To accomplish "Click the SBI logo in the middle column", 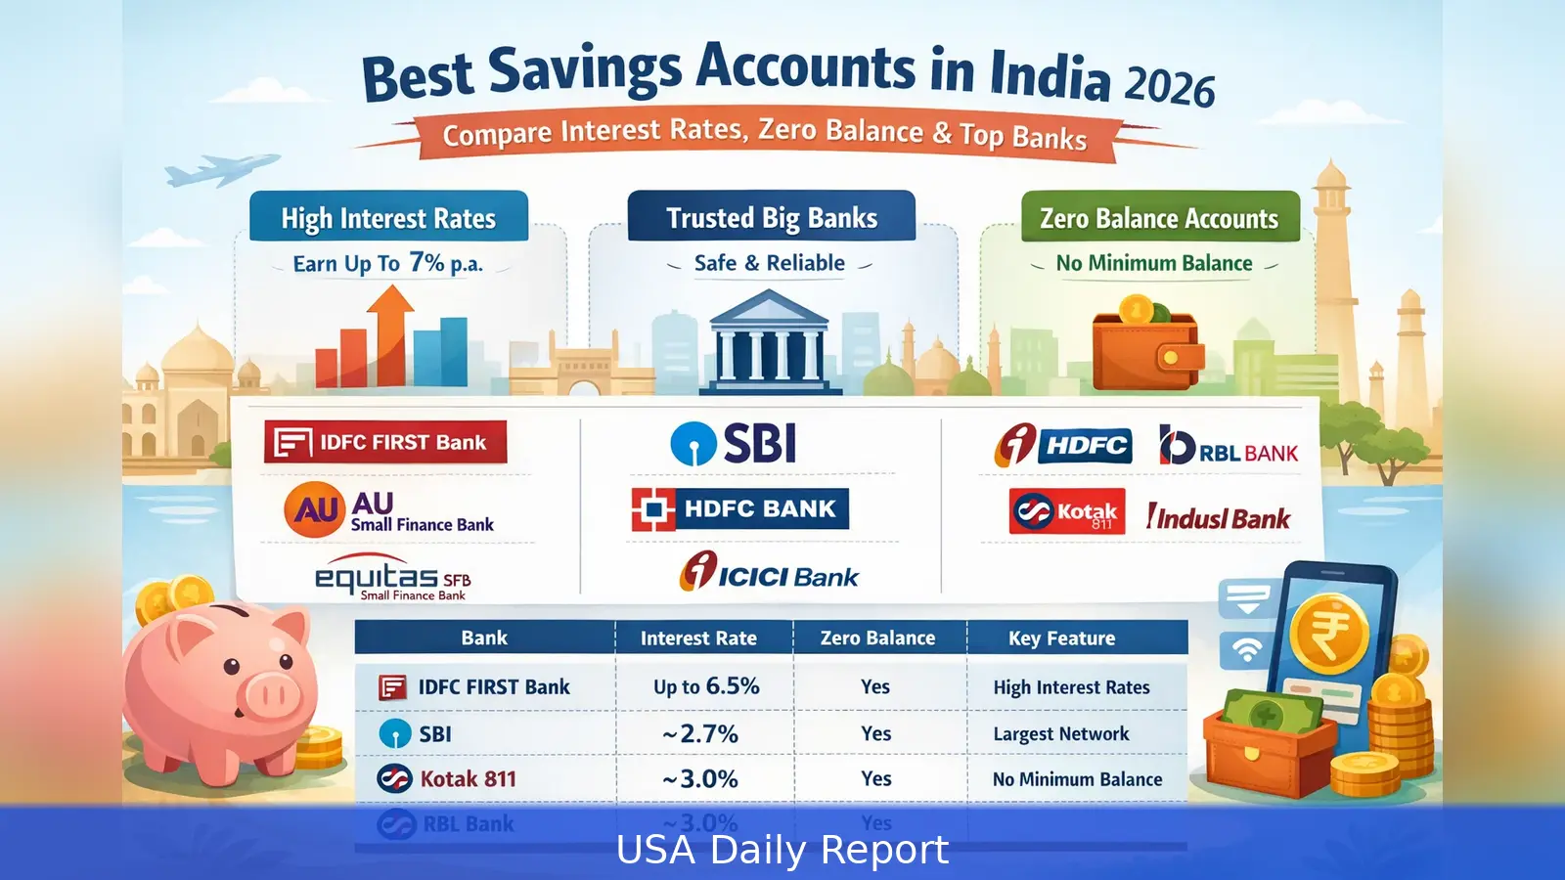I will coord(734,443).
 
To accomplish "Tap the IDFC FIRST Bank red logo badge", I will coord(385,442).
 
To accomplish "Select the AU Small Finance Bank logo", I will coord(389,510).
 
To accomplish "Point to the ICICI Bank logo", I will coord(769,573).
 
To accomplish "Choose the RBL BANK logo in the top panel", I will coord(1229,447).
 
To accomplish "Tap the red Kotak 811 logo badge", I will coord(1067,511).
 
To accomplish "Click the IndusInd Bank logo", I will coord(1219,517).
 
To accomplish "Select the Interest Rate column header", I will coord(698,638).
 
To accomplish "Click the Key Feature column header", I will coord(1061,638).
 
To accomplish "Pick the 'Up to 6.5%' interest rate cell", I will coord(706,686).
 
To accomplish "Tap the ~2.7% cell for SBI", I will coord(700,733).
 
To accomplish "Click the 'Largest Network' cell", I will coord(1061,733).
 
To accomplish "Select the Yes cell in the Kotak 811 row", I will coord(876,778).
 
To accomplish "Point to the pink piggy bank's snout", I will coord(270,695).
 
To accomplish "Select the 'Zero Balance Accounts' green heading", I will coord(1159,218).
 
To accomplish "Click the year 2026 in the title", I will coord(1169,86).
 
